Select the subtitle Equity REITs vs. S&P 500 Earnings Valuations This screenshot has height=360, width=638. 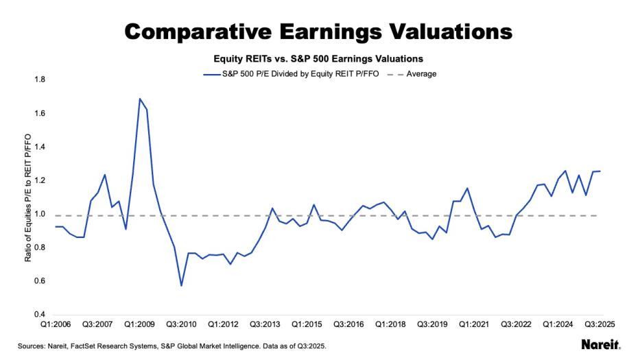pos(320,59)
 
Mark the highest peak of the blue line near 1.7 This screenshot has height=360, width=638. pos(140,99)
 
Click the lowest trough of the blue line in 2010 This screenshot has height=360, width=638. pos(181,285)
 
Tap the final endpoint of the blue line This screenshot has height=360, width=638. pos(600,171)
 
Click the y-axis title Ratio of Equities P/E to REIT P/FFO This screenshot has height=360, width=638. pos(28,198)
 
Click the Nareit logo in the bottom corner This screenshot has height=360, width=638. pos(600,345)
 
